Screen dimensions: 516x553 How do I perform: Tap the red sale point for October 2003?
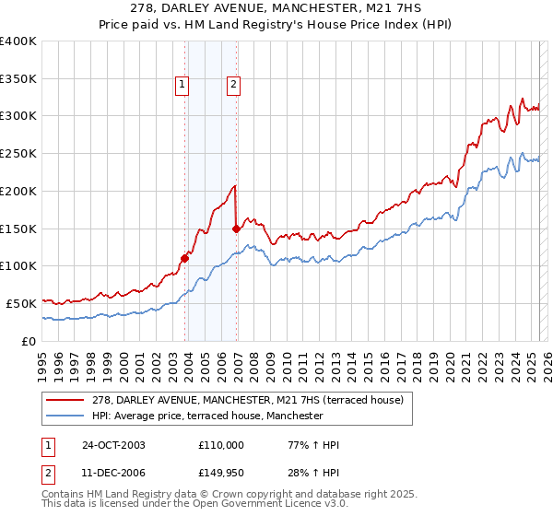185,258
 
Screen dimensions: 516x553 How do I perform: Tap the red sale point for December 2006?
237,229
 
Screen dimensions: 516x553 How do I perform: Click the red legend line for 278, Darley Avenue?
65,400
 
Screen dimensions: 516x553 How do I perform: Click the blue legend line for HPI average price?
65,416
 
